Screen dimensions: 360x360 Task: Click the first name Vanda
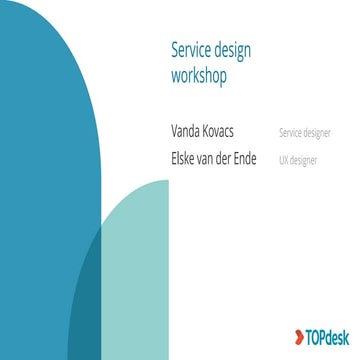click(187, 133)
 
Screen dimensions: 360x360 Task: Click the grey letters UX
click(284, 158)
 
